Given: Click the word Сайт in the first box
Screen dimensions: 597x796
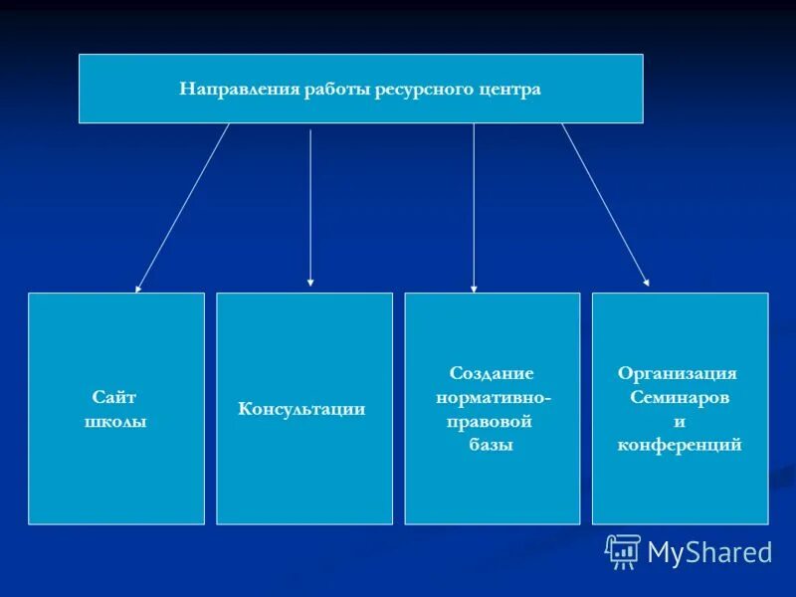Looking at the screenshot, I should [114, 397].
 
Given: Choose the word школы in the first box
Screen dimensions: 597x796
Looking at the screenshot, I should [114, 422].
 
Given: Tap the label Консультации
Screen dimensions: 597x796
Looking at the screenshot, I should [301, 409].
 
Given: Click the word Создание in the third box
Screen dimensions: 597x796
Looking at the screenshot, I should [492, 373].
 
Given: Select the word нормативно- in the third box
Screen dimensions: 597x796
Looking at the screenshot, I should [493, 397].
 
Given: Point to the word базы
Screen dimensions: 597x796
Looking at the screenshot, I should [491, 445].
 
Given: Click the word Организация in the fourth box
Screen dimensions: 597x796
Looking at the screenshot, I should [678, 373].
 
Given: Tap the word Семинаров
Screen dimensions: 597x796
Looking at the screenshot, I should [680, 397].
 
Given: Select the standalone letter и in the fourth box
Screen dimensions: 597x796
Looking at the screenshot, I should [680, 421].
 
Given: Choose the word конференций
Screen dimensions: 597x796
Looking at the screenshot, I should [680, 445].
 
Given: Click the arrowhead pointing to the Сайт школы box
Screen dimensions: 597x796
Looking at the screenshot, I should [138, 288].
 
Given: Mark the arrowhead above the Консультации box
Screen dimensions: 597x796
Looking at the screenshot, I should [310, 283].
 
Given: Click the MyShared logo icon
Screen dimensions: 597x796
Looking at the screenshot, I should [623, 550].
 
